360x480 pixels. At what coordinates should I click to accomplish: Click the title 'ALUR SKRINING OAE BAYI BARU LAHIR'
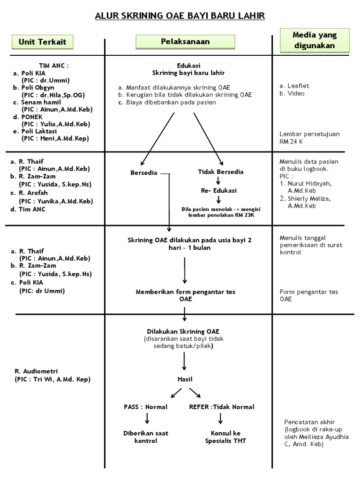180,16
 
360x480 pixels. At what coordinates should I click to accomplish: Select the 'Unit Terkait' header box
42,42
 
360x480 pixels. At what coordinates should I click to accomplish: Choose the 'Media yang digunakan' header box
315,40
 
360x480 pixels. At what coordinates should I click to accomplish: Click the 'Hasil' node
185,379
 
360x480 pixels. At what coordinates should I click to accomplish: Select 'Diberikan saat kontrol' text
145,437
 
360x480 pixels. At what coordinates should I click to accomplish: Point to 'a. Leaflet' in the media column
294,86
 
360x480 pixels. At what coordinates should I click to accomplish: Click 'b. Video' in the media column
292,93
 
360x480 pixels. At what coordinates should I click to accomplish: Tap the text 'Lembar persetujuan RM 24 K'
309,137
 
